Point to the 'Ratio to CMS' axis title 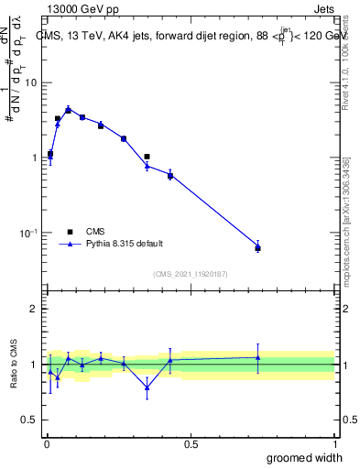coord(14,365)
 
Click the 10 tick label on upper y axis coord(31,82)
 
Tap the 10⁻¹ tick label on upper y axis coord(29,233)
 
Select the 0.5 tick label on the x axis coord(191,444)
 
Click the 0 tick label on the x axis coord(46,444)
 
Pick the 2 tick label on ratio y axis coord(34,309)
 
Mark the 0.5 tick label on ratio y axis coord(30,420)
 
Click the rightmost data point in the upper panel coord(257,247)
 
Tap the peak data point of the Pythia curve coord(68,109)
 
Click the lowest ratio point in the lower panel coord(147,387)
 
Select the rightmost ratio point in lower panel coord(257,357)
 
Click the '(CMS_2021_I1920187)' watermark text coord(190,274)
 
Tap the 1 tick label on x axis coord(334,444)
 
